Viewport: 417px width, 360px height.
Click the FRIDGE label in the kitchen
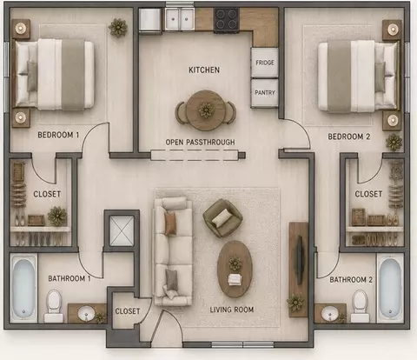[x=265, y=63]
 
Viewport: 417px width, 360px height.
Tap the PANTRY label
[x=265, y=93]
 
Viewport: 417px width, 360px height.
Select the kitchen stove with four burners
[x=227, y=19]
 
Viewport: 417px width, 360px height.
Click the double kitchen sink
[x=180, y=18]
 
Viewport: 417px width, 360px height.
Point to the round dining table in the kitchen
[x=205, y=110]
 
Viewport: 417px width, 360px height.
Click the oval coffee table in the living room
[x=235, y=269]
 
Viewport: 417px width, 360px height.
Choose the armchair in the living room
[x=222, y=218]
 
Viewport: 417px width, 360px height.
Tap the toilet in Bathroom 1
[x=54, y=306]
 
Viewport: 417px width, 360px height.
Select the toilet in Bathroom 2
[x=360, y=306]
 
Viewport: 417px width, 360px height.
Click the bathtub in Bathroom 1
[x=23, y=288]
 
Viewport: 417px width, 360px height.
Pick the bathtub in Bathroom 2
[x=390, y=288]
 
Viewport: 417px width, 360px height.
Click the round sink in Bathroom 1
[x=86, y=314]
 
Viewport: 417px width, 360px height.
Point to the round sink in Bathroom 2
[x=329, y=314]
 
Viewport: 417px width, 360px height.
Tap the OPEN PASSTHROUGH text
[x=200, y=142]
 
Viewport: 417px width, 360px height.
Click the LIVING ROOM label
[x=232, y=310]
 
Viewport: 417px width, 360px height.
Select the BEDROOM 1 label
[x=58, y=135]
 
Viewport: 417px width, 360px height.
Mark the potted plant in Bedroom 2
[x=394, y=142]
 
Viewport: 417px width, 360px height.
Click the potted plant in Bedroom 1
[x=118, y=28]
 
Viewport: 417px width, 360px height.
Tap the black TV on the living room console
[x=300, y=260]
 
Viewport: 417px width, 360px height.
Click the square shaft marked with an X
[x=122, y=230]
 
